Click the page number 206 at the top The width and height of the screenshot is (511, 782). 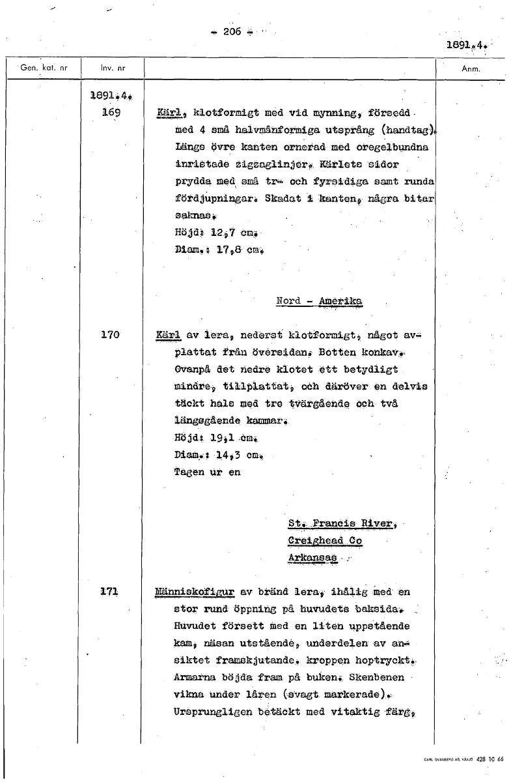(232, 31)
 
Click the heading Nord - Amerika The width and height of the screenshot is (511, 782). (319, 301)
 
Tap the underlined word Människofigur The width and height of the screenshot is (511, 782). (195, 592)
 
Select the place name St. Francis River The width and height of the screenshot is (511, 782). (340, 523)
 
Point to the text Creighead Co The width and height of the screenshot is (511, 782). (325, 541)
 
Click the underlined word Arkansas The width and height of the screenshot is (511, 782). (312, 558)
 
